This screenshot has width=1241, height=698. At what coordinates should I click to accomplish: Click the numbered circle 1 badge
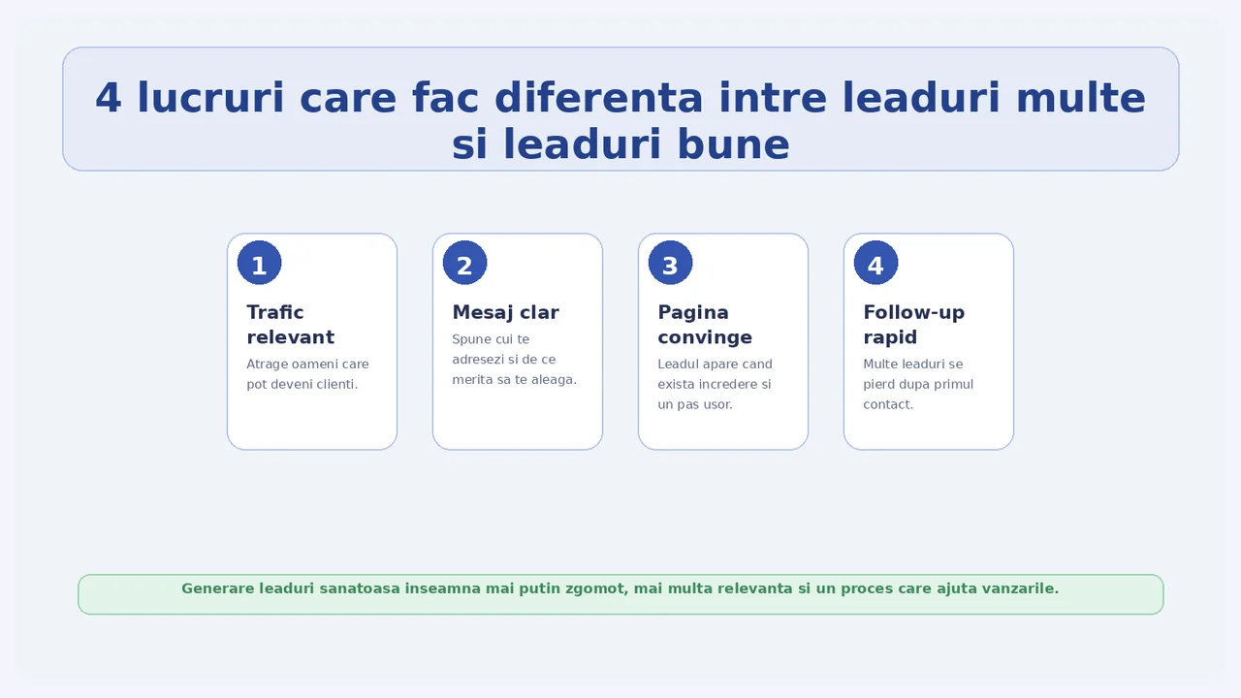(x=259, y=263)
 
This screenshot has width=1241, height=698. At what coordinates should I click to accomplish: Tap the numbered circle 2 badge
(x=464, y=263)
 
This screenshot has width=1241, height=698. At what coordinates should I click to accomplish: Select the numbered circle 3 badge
(x=670, y=263)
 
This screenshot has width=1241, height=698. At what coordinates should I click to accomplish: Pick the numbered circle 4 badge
(x=875, y=263)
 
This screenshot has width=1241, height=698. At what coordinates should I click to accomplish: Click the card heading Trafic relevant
(x=291, y=325)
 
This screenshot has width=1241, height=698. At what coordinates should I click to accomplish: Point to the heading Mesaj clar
(x=506, y=312)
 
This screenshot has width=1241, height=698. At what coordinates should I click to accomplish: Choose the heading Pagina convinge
(x=705, y=325)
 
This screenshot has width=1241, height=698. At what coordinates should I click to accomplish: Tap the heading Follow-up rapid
(x=914, y=325)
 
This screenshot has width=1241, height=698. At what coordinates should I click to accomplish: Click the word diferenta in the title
(x=599, y=98)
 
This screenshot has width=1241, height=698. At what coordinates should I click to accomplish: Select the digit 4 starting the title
(x=108, y=98)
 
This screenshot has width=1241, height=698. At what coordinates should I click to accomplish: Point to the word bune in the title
(x=734, y=144)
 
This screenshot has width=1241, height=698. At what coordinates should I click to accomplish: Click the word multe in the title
(x=1080, y=98)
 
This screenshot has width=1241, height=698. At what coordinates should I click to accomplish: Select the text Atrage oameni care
(x=307, y=365)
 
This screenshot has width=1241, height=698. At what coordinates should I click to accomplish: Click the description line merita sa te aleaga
(x=514, y=380)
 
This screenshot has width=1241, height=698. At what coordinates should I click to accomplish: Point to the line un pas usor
(x=695, y=405)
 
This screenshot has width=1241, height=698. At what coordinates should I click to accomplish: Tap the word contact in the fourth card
(x=886, y=405)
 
